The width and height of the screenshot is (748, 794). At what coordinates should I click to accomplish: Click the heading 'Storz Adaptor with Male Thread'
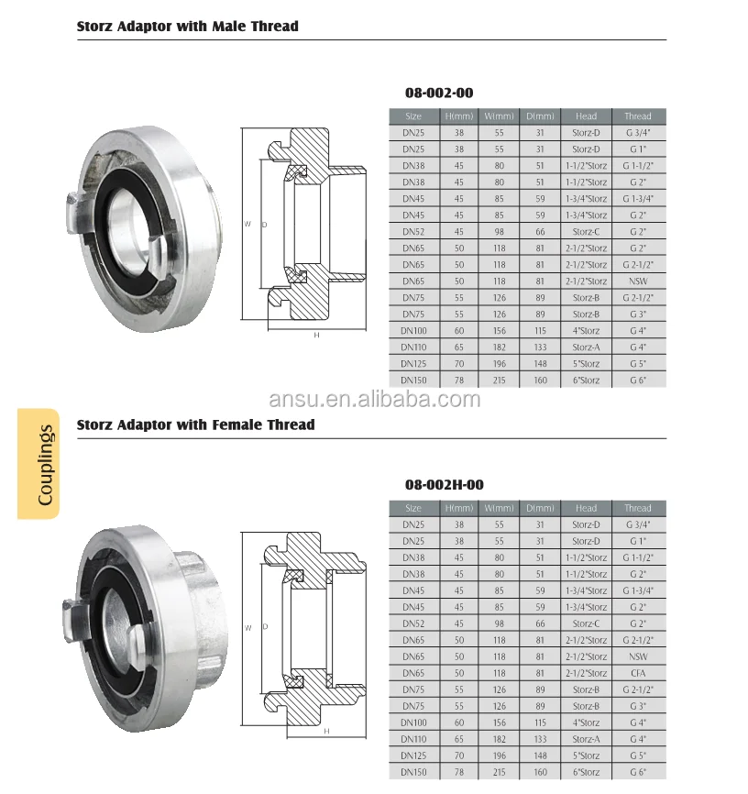point(187,27)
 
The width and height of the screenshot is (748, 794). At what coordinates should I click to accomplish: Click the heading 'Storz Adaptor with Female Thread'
point(195,425)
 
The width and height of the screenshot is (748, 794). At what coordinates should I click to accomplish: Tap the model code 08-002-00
point(439,93)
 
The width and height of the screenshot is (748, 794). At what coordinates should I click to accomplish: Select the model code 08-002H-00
point(445,484)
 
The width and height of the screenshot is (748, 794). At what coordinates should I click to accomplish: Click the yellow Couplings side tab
point(38,464)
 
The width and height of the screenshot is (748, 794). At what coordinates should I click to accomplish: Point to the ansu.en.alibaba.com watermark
point(374,399)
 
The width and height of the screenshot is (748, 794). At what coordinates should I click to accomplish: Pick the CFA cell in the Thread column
point(637,673)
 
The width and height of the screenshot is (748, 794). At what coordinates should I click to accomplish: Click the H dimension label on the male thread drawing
point(316,336)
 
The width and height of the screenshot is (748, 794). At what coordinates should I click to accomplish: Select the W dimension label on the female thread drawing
point(247,628)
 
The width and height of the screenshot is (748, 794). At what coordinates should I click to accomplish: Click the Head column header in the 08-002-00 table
point(586,116)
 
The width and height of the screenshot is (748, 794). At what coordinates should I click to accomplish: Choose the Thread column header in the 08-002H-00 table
point(637,508)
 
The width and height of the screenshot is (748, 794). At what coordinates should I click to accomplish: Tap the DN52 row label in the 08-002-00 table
point(412,232)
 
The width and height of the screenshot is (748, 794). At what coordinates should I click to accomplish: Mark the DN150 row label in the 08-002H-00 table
point(412,772)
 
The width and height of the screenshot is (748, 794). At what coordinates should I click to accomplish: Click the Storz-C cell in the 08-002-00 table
point(586,232)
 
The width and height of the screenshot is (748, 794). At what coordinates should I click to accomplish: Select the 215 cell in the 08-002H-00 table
point(500,772)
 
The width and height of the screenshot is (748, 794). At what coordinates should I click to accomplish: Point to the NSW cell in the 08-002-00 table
point(637,281)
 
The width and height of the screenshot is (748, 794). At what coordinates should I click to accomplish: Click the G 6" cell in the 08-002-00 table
point(637,380)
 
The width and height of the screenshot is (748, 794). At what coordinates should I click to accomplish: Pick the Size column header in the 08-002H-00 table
point(412,508)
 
